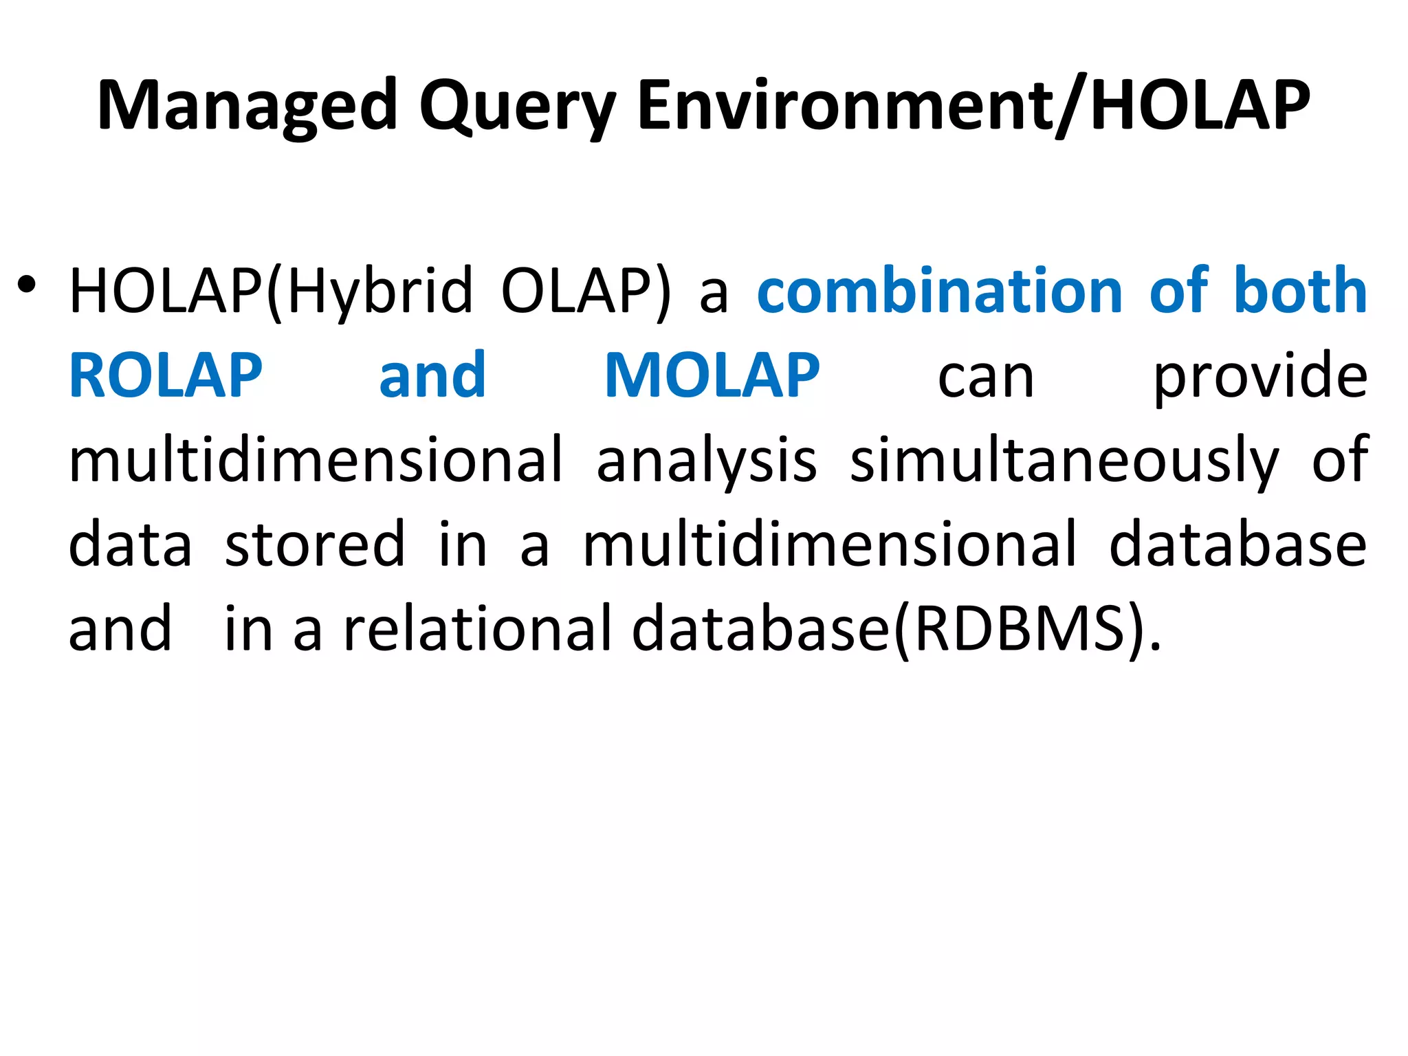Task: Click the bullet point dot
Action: click(27, 285)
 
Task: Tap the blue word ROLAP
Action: click(166, 376)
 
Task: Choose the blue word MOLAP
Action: click(712, 376)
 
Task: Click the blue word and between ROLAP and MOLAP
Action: click(432, 376)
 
